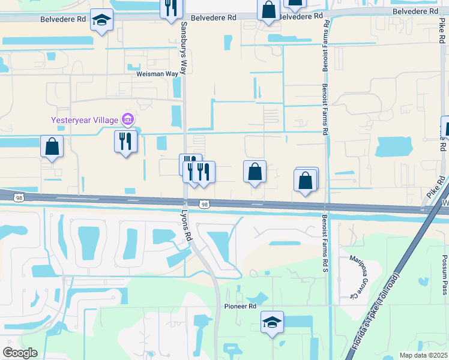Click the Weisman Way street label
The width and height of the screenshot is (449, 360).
[158, 74]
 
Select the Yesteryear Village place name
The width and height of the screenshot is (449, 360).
[85, 120]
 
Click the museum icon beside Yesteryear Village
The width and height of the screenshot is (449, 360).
[127, 120]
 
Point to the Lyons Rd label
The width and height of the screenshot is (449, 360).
[188, 226]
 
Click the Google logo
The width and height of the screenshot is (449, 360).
[20, 353]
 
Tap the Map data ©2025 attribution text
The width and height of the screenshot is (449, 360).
[423, 355]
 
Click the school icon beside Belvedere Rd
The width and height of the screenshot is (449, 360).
[101, 20]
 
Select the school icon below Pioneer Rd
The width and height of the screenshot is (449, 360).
[272, 322]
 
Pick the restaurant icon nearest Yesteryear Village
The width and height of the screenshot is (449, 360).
[125, 141]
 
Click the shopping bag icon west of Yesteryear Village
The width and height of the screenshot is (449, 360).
[52, 146]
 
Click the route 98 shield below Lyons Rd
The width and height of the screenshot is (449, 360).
[205, 205]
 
